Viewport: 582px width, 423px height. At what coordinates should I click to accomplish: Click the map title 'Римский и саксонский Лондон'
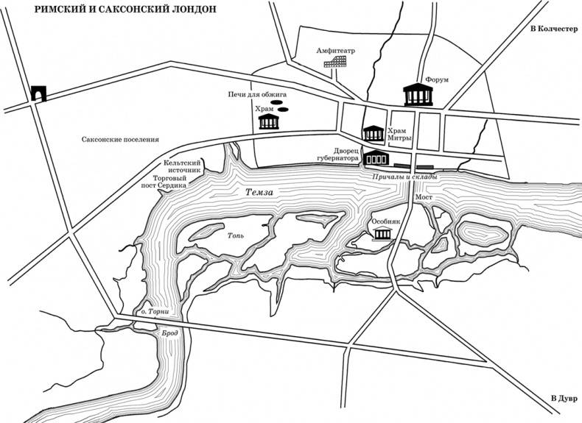pyautogui.click(x=125, y=10)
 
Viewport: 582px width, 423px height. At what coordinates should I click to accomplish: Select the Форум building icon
pyautogui.click(x=418, y=95)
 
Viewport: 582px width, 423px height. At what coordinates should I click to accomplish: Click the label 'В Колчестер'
pyautogui.click(x=554, y=29)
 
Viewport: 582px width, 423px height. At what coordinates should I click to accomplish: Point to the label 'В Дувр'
pyautogui.click(x=564, y=399)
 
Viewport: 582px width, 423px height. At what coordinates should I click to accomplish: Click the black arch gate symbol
pyautogui.click(x=38, y=93)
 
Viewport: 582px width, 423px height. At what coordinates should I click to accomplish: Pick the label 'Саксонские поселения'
pyautogui.click(x=120, y=140)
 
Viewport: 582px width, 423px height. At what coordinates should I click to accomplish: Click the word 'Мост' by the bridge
pyautogui.click(x=424, y=197)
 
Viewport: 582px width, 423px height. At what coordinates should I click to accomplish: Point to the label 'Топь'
pyautogui.click(x=236, y=236)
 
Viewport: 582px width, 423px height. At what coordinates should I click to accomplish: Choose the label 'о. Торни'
pyautogui.click(x=155, y=312)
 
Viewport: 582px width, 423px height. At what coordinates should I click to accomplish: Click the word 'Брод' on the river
pyautogui.click(x=170, y=333)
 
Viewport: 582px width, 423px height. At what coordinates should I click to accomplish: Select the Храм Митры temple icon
pyautogui.click(x=374, y=133)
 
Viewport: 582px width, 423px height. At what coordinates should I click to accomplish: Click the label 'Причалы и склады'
pyautogui.click(x=404, y=177)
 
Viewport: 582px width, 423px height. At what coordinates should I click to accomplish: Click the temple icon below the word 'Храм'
pyautogui.click(x=269, y=121)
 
